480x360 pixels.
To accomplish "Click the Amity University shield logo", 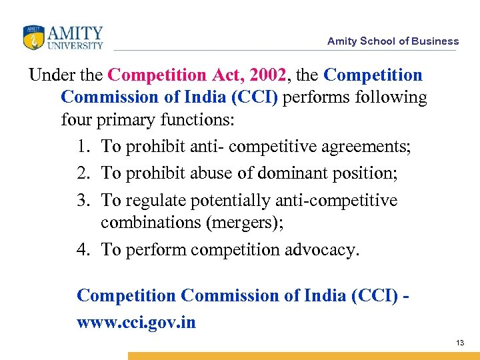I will pyautogui.click(x=33, y=37).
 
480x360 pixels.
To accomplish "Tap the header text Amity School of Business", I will pyautogui.click(x=393, y=41).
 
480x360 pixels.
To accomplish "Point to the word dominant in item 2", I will pyautogui.click(x=291, y=173).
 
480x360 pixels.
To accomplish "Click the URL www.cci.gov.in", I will pyautogui.click(x=137, y=323).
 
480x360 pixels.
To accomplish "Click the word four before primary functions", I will pyautogui.click(x=77, y=121).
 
